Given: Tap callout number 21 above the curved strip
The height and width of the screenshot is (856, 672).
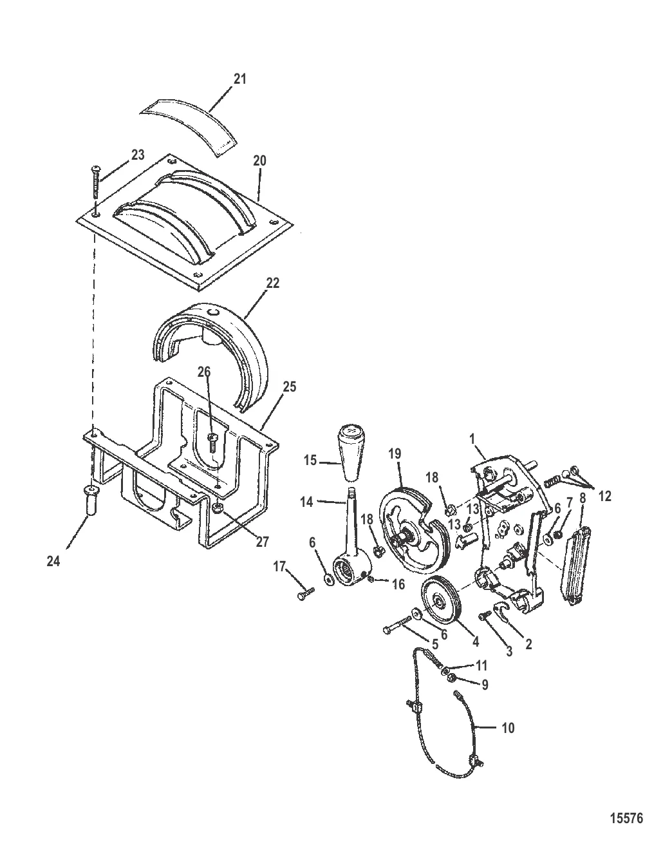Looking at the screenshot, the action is coord(239,79).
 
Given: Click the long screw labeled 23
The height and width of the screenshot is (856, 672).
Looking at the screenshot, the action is coord(96,182).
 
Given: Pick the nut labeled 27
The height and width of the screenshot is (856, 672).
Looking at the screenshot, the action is coord(218,508).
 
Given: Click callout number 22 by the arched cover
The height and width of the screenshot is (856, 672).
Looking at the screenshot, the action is coord(272,283).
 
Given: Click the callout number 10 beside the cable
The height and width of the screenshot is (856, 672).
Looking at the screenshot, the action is coord(509,728).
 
